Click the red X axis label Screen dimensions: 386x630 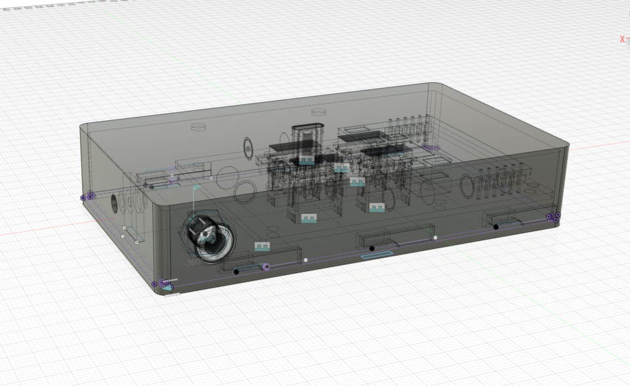coord(622,39)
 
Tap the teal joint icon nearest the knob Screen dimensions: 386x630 coord(262,247)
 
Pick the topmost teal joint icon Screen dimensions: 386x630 coord(307,160)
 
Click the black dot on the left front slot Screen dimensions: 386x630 coord(236,271)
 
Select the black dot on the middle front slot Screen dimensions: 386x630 coord(371,248)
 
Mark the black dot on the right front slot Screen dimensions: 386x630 coord(495,227)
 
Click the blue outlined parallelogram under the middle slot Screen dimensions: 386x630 coord(379,255)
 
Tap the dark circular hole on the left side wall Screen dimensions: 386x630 coord(115,203)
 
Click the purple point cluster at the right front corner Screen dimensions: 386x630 coord(554,217)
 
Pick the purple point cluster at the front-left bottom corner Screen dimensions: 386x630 coord(160,284)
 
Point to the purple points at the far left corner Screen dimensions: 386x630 coord(87,196)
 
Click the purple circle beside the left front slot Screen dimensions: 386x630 coord(266,267)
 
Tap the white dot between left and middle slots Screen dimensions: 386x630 coord(306,260)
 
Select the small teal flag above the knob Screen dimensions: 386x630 coord(196,187)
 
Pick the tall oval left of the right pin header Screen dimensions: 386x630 coord(467,186)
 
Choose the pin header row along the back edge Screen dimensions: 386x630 coord(407,125)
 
